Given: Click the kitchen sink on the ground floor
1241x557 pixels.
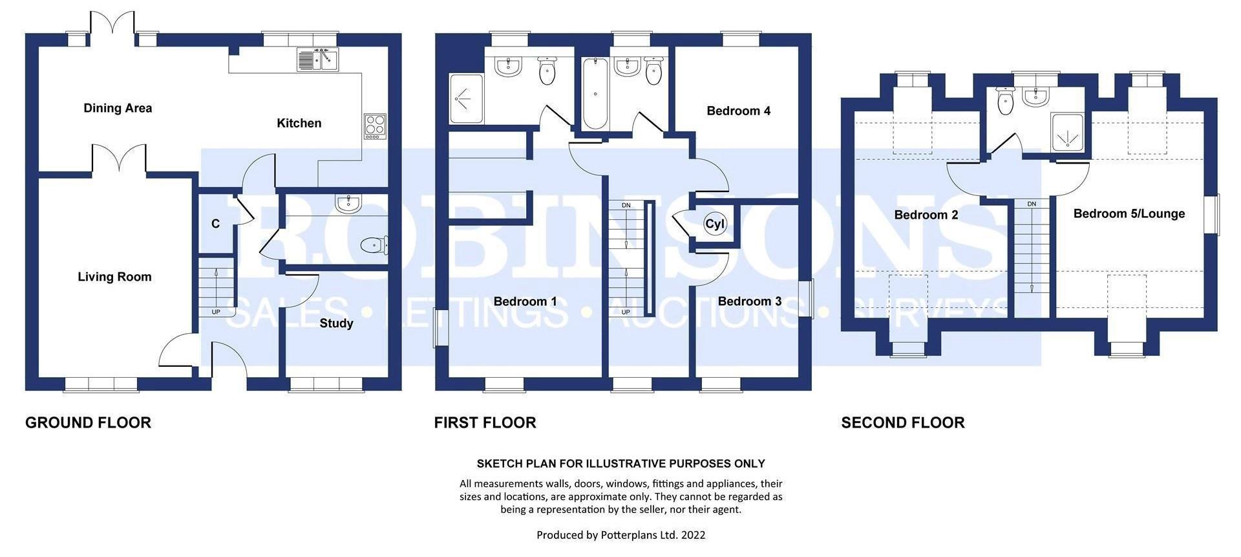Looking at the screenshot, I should (x=317, y=60).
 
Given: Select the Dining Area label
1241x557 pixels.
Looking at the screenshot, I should (x=118, y=108).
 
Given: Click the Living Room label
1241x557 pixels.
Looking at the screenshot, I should (x=114, y=277).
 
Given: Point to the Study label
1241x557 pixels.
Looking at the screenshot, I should (x=336, y=323).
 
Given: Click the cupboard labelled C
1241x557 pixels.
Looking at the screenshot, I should (x=215, y=224).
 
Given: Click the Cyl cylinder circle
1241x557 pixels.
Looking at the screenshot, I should (x=715, y=224).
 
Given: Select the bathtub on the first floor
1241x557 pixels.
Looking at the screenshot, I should (x=595, y=94).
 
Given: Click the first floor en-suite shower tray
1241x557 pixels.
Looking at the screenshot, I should (x=465, y=99).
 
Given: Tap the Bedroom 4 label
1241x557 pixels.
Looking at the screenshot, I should (x=738, y=111).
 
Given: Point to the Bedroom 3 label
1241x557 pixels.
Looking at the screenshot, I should (x=749, y=301).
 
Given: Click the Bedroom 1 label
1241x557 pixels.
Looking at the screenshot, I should (x=525, y=301).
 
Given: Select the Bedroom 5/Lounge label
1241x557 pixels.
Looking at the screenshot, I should (x=1129, y=213).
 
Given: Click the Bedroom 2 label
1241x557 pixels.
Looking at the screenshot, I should (x=926, y=215).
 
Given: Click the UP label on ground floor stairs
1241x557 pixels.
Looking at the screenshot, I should (x=216, y=312).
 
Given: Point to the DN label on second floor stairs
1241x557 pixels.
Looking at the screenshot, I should (x=1032, y=204).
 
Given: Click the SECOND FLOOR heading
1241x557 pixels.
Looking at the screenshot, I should (x=902, y=422).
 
